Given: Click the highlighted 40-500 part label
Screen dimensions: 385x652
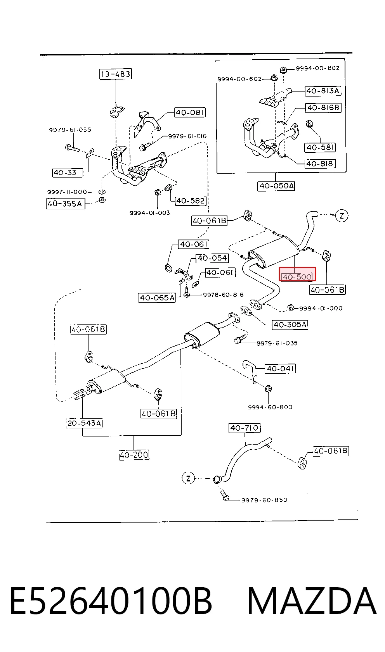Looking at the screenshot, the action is tap(297, 276).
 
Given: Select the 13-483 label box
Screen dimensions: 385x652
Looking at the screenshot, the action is tap(115, 74).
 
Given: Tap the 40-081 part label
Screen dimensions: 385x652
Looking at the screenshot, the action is tap(190, 112).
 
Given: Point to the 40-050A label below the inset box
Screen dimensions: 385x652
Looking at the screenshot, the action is tap(276, 186).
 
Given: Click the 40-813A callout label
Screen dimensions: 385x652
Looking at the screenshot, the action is tap(323, 91).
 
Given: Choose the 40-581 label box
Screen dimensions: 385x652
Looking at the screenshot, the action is tap(320, 147).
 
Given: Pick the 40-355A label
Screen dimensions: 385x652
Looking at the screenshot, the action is tap(66, 204).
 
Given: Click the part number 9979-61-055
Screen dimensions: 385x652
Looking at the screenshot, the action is tap(70, 130).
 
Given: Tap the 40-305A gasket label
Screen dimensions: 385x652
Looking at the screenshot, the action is tap(290, 324).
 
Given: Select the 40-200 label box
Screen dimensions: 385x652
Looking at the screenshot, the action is tap(134, 455).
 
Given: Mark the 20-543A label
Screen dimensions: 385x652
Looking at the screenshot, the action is tap(85, 423).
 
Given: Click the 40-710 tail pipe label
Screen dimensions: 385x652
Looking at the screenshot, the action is tap(245, 428).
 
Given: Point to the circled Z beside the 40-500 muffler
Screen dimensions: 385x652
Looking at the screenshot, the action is tap(342, 216).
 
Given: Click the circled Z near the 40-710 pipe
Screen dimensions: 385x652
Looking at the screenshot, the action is tap(188, 478).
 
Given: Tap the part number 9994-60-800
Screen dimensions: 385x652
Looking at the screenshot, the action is tap(270, 407).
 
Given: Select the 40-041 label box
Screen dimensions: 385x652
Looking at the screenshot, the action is tap(280, 369).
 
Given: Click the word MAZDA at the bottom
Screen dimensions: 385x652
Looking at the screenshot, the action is tap(312, 602).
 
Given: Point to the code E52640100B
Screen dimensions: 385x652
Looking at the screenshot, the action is tap(111, 602).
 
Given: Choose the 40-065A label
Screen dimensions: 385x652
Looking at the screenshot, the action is tap(158, 298).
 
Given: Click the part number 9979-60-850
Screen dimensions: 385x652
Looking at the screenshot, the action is tap(264, 500).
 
